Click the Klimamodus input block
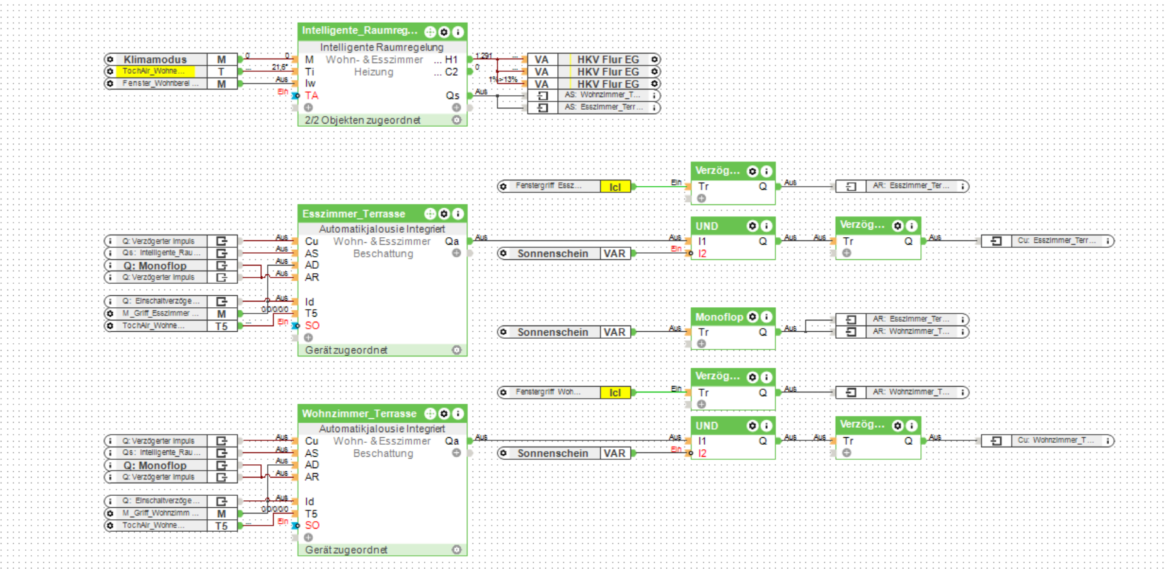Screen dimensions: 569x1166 click(x=155, y=59)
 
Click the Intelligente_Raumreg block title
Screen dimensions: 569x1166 click(x=359, y=31)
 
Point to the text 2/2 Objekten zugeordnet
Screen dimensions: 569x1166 click(x=362, y=120)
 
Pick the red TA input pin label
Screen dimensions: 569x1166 click(x=311, y=96)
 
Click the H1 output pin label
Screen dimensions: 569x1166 click(x=451, y=59)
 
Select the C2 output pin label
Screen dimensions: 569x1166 click(x=451, y=72)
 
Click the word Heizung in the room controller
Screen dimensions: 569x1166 click(x=373, y=72)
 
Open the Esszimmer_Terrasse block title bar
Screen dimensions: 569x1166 click(x=354, y=214)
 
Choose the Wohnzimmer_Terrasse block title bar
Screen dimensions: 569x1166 click(x=359, y=414)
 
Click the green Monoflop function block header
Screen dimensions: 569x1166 click(x=719, y=317)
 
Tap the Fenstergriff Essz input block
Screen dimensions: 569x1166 click(x=548, y=186)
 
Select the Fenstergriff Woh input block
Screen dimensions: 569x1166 click(x=548, y=392)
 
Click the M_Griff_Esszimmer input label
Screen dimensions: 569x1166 click(x=160, y=314)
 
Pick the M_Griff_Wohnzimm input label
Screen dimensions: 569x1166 click(x=160, y=513)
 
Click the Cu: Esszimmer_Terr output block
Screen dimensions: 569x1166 click(x=1056, y=241)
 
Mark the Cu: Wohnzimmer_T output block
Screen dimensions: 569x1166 click(x=1056, y=441)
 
